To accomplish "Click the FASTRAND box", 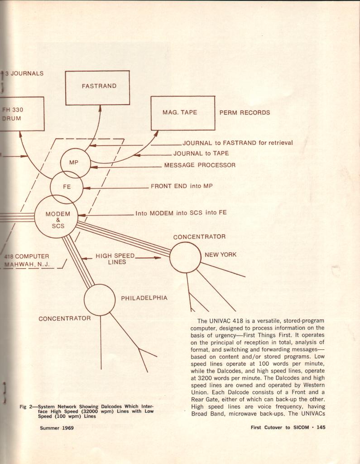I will (97, 88).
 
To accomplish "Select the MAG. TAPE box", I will (182, 113).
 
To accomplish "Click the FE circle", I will (67, 187).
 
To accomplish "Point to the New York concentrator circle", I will (185, 257).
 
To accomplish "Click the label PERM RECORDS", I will (245, 113).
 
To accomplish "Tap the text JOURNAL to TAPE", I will (201, 154).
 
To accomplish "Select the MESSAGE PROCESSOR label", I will (200, 165).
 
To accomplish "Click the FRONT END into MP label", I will (182, 186).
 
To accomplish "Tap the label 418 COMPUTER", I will (26, 256).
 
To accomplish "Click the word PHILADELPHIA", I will (144, 298).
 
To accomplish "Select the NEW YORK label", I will (221, 255).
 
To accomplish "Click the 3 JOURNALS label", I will (24, 73).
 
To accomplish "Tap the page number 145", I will (321, 427).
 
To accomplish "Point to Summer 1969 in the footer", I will (57, 428).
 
